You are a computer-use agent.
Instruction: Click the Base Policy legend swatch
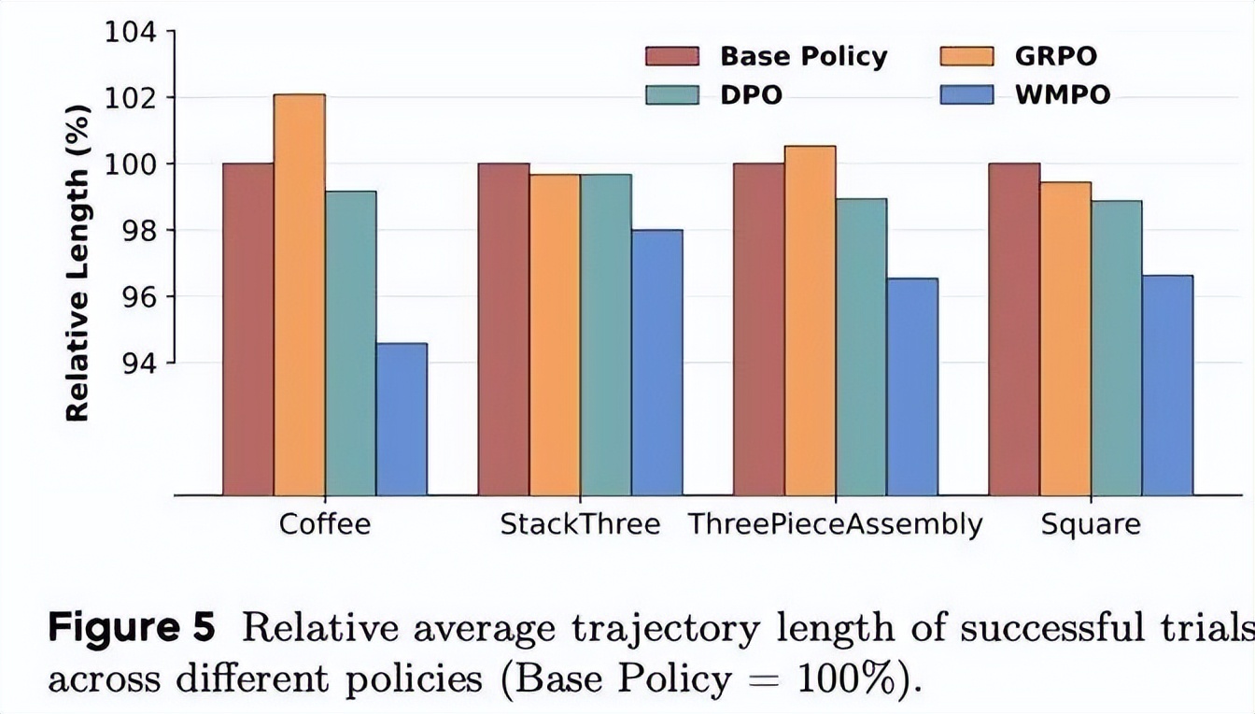pyautogui.click(x=672, y=57)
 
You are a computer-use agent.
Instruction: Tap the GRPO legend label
pyautogui.click(x=1055, y=56)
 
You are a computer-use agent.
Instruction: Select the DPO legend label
pyautogui.click(x=751, y=95)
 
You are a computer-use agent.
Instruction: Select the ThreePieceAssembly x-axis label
pyautogui.click(x=835, y=524)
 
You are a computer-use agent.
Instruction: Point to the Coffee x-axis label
pyautogui.click(x=324, y=524)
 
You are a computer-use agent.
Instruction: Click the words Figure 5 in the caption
pyautogui.click(x=131, y=629)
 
